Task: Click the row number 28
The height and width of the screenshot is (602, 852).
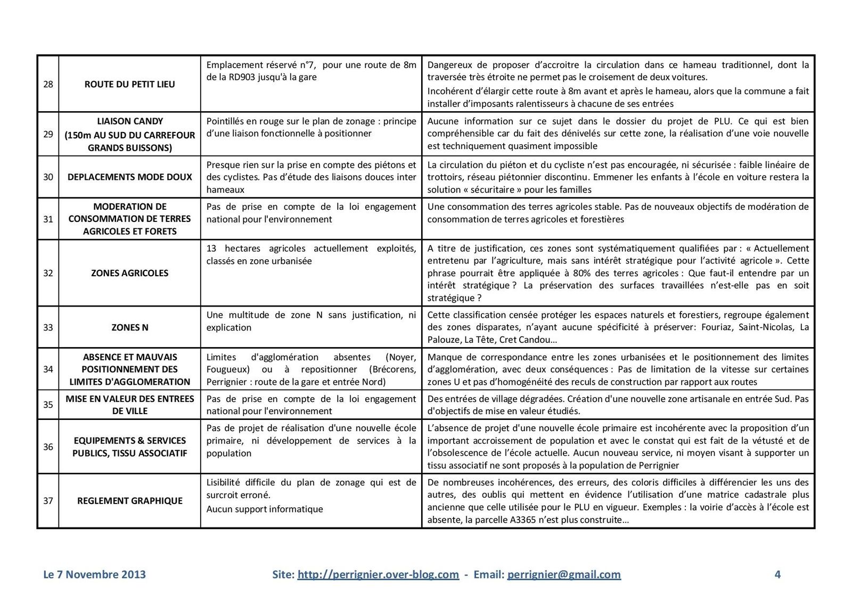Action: coord(48,84)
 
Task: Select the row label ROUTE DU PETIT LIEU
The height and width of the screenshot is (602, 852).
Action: coord(129,84)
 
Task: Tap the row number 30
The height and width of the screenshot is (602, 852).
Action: coord(48,177)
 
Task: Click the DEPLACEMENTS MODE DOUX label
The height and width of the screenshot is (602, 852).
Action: coord(129,177)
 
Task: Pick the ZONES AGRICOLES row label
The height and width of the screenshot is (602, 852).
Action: coord(129,273)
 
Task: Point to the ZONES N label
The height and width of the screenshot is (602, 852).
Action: coord(129,327)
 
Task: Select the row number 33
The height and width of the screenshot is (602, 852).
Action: coord(48,327)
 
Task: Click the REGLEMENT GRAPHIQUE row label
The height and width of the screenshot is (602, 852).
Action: coord(129,501)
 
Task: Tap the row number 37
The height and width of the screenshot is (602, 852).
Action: coord(48,501)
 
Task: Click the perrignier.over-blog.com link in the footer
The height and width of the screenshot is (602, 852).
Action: coord(378,574)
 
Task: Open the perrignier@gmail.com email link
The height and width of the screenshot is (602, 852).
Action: coord(564,574)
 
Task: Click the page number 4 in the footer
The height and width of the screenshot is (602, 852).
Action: coord(777,574)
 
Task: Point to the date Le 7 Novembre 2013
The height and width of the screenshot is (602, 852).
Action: coord(94,574)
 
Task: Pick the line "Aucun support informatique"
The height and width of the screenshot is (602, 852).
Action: coord(265,509)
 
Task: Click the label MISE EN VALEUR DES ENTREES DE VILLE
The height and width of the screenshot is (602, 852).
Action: coord(129,405)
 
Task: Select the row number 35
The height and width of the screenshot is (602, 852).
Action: coord(48,405)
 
